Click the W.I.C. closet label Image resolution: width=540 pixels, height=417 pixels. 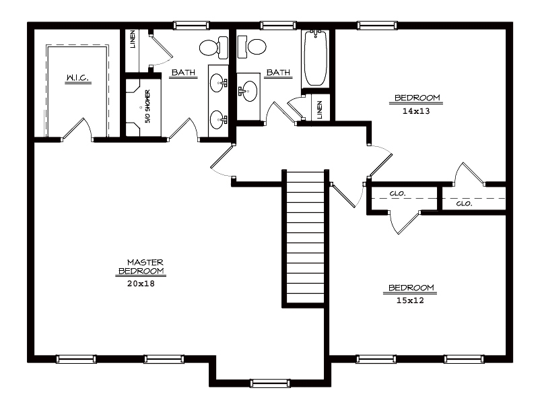point(78,78)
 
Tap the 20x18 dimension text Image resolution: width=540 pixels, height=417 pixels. point(141,284)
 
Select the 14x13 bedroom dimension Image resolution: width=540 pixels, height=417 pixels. point(416,111)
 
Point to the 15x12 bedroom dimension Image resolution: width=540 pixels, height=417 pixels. point(410,300)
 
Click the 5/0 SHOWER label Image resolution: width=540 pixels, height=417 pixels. point(147,106)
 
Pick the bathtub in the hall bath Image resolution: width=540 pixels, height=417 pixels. point(315,58)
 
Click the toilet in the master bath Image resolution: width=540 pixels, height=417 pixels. point(213,47)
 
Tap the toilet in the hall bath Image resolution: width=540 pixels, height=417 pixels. point(252,46)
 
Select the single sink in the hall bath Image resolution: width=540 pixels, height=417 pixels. point(248,91)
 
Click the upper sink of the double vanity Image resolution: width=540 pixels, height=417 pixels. point(218,83)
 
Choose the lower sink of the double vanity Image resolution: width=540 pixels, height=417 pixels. point(218,120)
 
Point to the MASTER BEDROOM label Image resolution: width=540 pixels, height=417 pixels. point(141,267)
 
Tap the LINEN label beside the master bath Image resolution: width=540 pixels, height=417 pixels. point(132,39)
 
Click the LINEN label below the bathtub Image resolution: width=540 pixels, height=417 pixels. point(320,110)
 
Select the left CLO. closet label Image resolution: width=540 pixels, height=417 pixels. point(397,194)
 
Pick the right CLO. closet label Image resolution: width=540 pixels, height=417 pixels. point(464,203)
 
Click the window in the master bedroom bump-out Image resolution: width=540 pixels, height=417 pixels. point(270,383)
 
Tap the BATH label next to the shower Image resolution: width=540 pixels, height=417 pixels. point(183,72)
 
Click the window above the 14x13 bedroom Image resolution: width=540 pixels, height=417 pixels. point(377,26)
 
